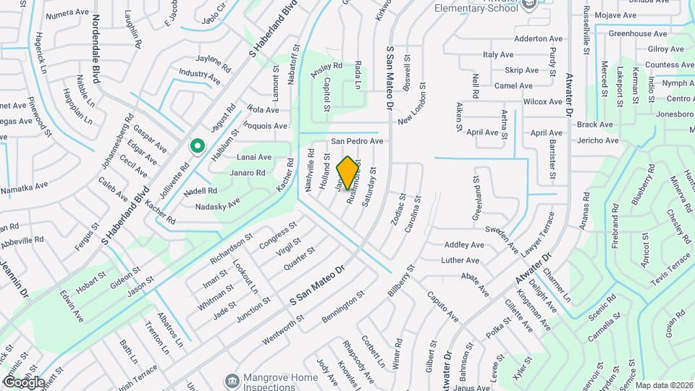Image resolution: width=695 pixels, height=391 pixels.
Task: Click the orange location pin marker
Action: click(x=348, y=172)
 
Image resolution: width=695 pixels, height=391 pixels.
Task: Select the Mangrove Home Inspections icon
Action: click(x=231, y=380)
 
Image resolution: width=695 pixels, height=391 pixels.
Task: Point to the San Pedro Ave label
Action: click(x=357, y=141)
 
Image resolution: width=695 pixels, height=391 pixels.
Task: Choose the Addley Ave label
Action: click(x=464, y=245)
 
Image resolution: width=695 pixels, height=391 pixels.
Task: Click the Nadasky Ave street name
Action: click(x=218, y=206)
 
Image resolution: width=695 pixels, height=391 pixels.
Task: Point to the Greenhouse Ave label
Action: click(x=636, y=33)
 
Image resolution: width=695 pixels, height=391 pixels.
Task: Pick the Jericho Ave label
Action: click(x=598, y=140)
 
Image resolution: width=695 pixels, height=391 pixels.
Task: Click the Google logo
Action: click(x=24, y=382)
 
